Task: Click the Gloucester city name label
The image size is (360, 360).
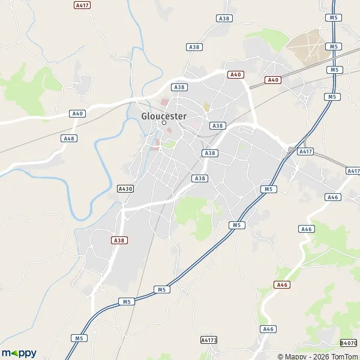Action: (164, 116)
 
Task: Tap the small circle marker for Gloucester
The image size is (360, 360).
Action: (164, 123)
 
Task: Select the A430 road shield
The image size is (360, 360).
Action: (125, 188)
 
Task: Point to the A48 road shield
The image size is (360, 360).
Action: (69, 138)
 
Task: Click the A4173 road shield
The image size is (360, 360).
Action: (208, 340)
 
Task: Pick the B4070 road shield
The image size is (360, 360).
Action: (348, 343)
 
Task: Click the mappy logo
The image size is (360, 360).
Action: (19, 353)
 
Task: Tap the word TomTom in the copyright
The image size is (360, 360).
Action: (343, 355)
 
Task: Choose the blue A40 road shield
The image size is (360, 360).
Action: (77, 113)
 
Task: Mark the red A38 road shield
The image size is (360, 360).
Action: (119, 240)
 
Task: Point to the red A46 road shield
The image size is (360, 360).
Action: (281, 284)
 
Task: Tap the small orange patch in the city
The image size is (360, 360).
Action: (206, 107)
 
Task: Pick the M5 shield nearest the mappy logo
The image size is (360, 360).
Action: (79, 338)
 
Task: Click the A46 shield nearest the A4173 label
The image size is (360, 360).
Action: (268, 329)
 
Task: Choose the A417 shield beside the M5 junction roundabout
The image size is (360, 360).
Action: (306, 152)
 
